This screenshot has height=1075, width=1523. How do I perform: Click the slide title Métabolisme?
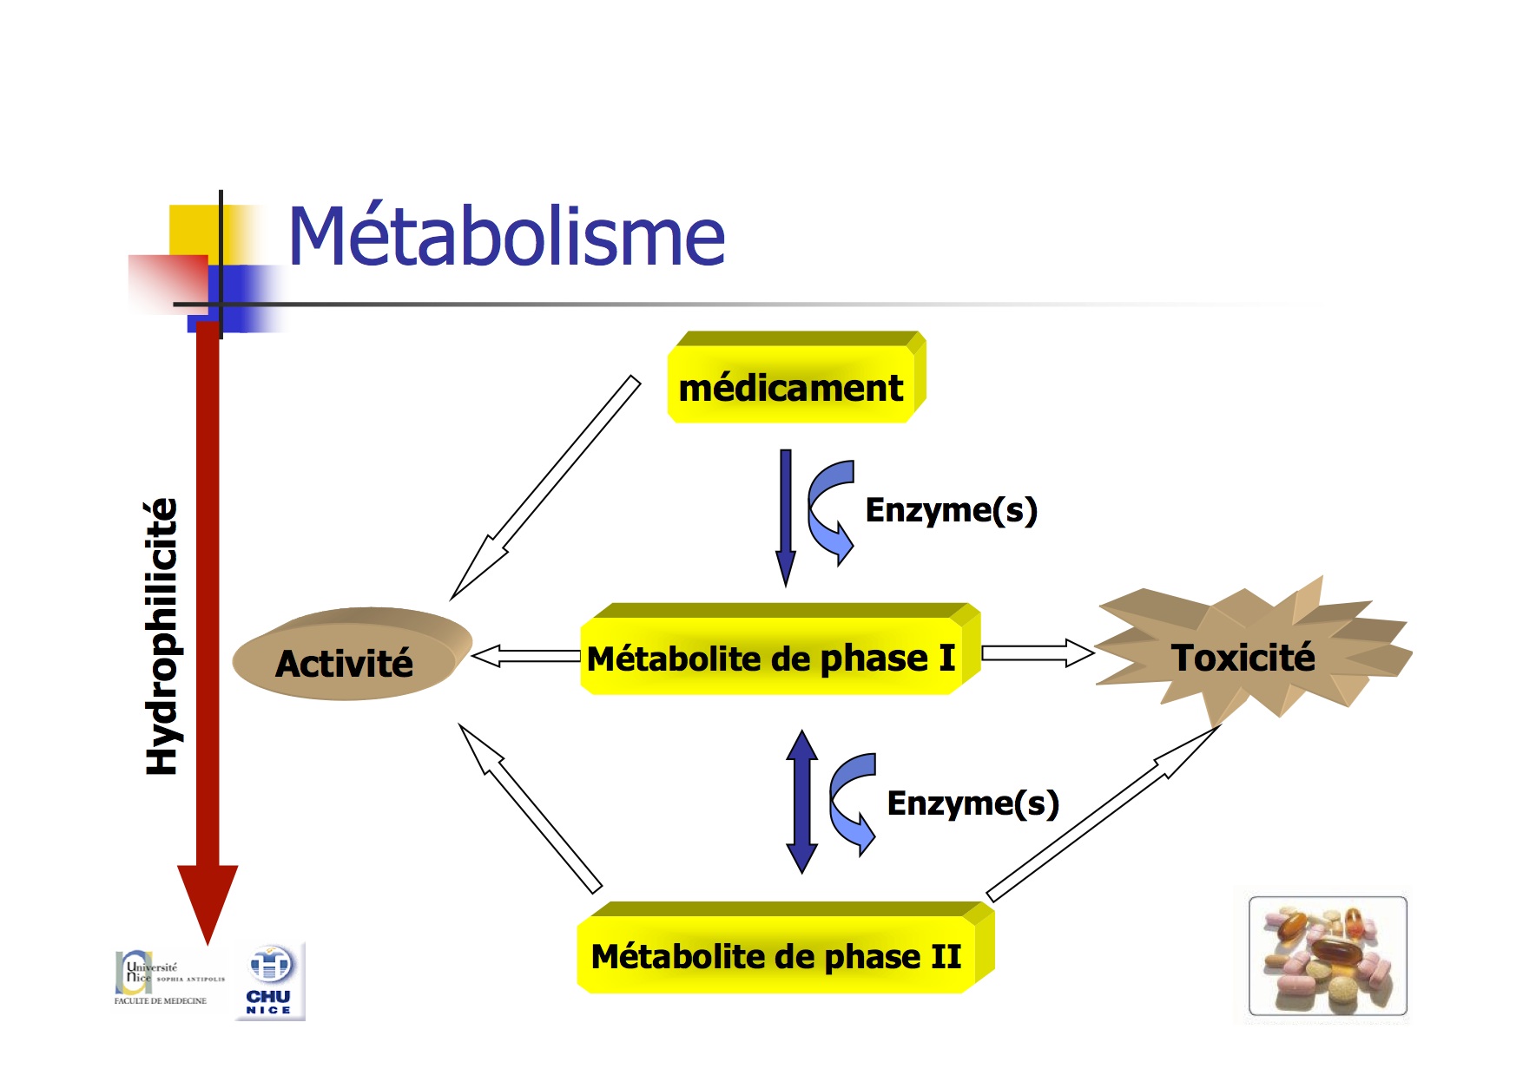tap(506, 237)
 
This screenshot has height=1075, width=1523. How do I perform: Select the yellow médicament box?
tap(792, 386)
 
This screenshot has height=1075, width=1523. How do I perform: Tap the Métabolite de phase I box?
tap(773, 657)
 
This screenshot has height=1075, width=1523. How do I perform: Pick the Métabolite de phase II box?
tap(777, 955)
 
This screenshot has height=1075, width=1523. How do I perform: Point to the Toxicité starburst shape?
tap(1243, 657)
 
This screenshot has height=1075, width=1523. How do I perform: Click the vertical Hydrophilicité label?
tap(162, 637)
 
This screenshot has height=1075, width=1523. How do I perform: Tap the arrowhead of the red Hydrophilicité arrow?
tap(208, 902)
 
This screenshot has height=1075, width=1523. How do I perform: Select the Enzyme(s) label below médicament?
tap(952, 509)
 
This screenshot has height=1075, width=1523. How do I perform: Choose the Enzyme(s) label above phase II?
tap(972, 803)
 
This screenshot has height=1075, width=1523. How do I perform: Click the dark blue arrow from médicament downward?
tap(786, 516)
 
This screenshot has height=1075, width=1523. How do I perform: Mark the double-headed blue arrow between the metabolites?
tap(801, 802)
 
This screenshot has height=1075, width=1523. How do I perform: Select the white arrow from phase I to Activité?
tap(526, 656)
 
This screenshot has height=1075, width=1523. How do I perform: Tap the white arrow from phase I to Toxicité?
tap(1037, 652)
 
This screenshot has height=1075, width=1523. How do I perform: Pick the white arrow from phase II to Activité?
tap(529, 807)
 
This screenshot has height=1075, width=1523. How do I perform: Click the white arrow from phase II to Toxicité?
tap(1103, 812)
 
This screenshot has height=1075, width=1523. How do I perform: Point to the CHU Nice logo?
tap(270, 980)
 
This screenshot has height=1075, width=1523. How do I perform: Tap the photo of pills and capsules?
tap(1327, 956)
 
